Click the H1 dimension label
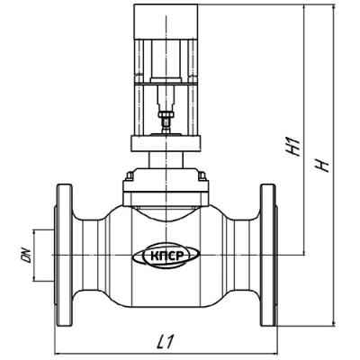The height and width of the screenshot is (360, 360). click(293, 146)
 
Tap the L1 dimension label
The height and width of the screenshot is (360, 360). click(165, 341)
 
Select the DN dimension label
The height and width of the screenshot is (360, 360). click(26, 256)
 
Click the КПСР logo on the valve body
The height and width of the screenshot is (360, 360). click(166, 256)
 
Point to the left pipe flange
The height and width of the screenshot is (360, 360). click(63, 255)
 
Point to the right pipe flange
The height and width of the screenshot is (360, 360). click(268, 255)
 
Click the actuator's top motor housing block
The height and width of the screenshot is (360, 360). click(166, 22)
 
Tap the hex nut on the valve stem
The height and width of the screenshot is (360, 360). click(166, 114)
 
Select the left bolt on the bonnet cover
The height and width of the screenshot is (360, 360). click(130, 175)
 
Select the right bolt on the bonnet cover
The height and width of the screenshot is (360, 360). click(202, 175)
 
